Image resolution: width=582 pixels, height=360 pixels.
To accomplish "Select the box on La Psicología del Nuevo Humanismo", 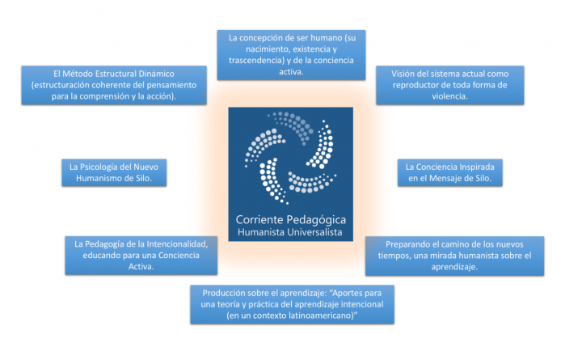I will pos(114,172).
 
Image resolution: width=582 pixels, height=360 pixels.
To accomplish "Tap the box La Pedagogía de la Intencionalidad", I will pos(141,255).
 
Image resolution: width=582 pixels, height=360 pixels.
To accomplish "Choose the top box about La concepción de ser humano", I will pos(291,54).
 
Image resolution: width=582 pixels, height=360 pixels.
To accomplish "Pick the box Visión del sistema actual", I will pos(454,84).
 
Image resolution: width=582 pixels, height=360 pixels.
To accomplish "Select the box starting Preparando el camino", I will pos(454,255).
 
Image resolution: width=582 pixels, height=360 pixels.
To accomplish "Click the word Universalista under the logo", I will pos(311,233).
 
